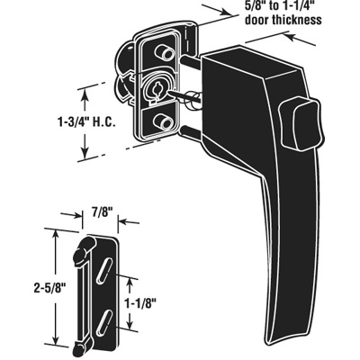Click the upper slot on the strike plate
105,267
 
